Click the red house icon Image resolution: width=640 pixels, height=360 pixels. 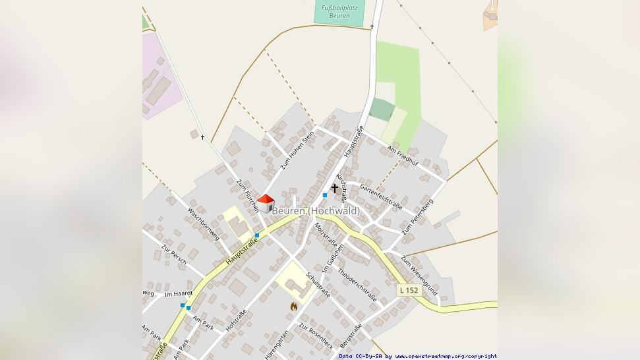pos(266,203)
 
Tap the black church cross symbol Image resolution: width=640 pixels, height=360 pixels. pos(334,189)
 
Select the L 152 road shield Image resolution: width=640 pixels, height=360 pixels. pos(408,290)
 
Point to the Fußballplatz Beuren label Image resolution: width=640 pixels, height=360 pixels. pos(339,11)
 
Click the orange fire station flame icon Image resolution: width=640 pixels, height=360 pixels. pos(293,306)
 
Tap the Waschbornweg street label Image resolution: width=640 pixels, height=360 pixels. pos(204,224)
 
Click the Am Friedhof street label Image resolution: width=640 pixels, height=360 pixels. pos(403,155)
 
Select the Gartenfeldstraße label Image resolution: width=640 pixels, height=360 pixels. pos(381,196)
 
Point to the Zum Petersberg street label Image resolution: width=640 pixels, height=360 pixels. pos(417,216)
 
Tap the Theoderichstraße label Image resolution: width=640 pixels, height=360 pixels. pos(357,285)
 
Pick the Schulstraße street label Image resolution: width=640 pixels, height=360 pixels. pos(318,285)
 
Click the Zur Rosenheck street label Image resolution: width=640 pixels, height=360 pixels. pos(314,336)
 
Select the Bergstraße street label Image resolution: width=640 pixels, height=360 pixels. pos(351,337)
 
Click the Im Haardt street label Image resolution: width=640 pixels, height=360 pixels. pos(178,294)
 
